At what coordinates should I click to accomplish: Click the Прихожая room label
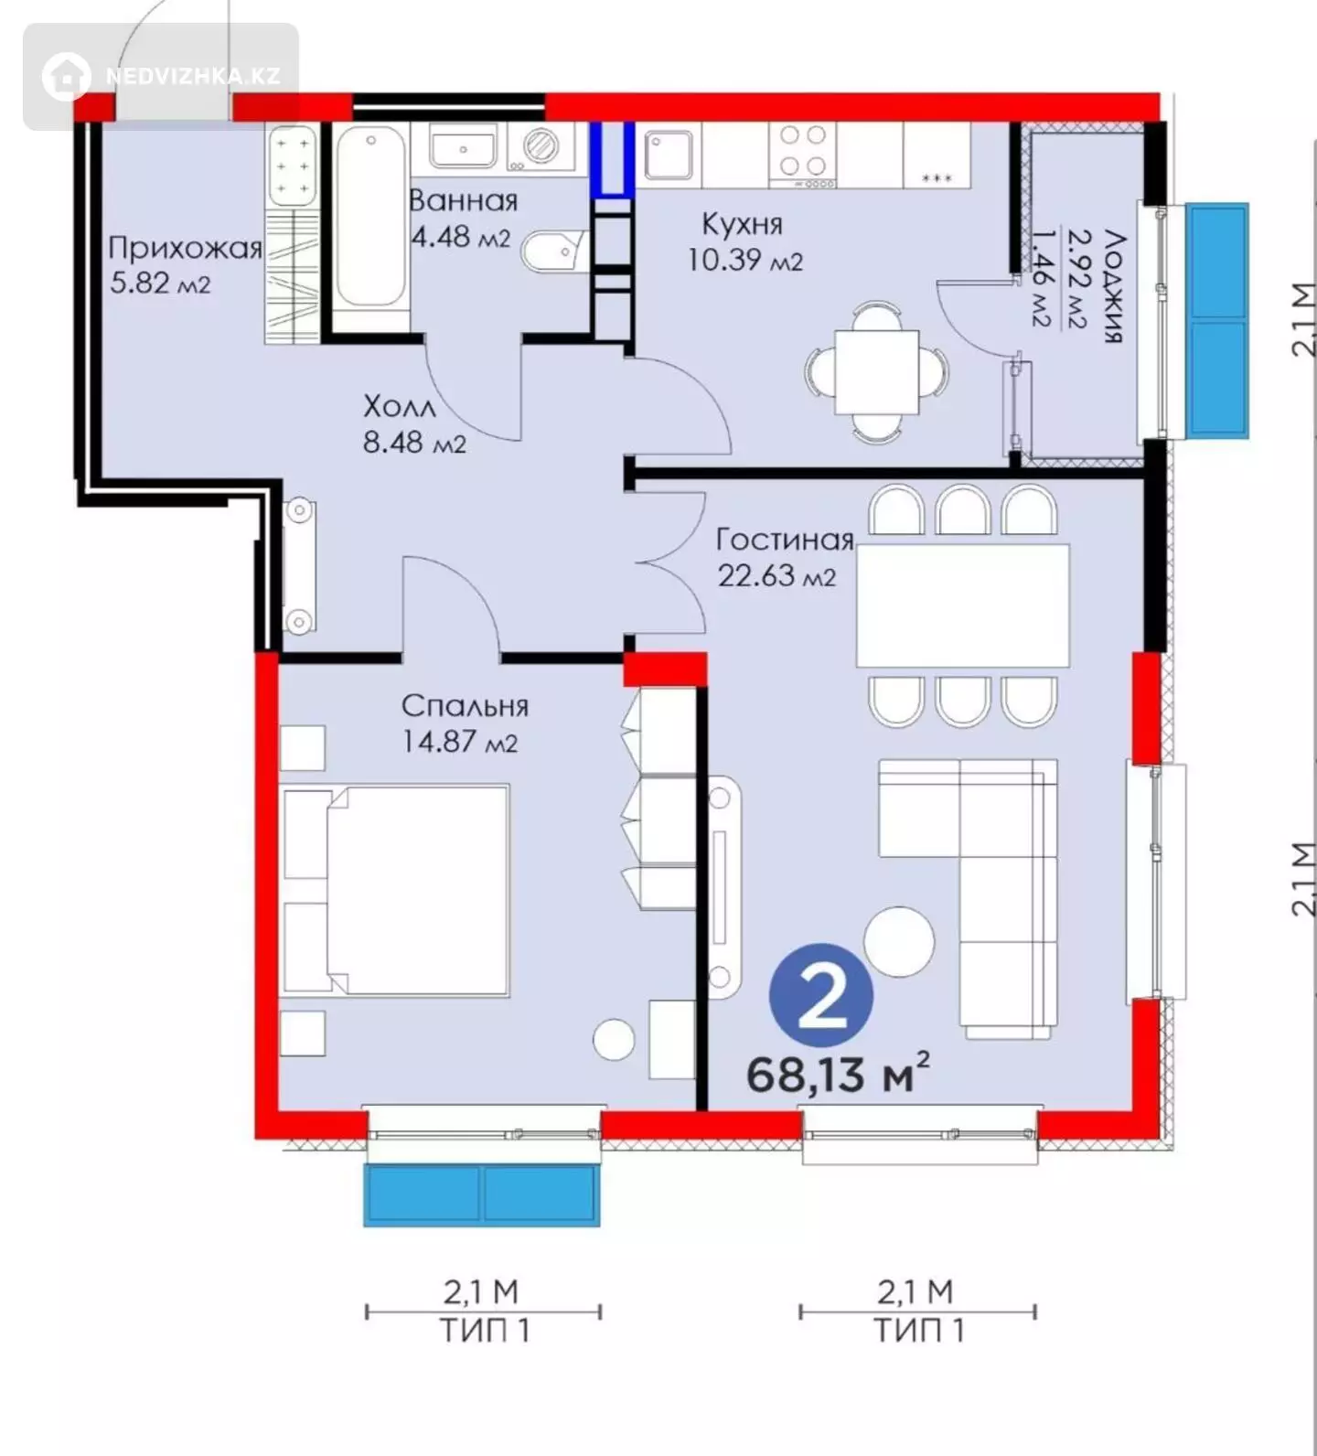[x=185, y=248]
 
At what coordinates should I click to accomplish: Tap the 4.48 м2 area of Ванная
[x=461, y=237]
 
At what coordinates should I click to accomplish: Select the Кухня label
[x=743, y=223]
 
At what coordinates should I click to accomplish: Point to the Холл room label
[x=400, y=406]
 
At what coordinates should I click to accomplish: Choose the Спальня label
[x=465, y=706]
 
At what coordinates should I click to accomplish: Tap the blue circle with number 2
[x=821, y=995]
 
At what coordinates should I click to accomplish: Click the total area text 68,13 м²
[x=838, y=1072]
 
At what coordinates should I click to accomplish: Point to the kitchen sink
[x=669, y=154]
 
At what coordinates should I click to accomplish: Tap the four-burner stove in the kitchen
[x=803, y=153]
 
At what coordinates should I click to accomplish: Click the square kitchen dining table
[x=876, y=371]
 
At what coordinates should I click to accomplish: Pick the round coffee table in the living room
[x=899, y=941]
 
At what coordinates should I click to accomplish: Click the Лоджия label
[x=1114, y=285]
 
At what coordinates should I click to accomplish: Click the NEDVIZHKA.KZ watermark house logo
[x=66, y=76]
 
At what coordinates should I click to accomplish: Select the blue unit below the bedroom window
[x=482, y=1194]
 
